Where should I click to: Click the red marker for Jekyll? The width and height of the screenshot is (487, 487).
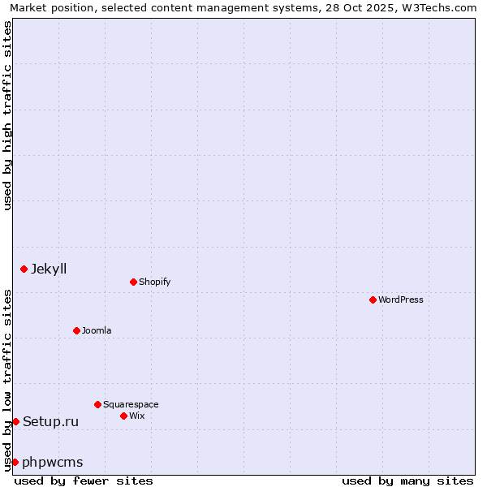[24, 269]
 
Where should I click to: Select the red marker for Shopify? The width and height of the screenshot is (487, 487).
[133, 282]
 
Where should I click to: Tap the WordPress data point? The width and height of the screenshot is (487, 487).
[373, 300]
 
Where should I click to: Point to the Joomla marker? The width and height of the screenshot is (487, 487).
[76, 330]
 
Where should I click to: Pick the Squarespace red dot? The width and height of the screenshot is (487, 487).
[97, 404]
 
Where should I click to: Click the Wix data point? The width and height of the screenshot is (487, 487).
[123, 416]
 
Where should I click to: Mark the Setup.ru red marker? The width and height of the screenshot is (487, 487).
[15, 421]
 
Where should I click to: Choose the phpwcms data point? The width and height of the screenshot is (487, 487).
[15, 462]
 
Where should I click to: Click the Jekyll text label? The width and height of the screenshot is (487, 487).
[49, 269]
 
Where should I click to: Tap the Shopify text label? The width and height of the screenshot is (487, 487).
[154, 282]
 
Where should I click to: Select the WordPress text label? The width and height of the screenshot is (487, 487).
[400, 300]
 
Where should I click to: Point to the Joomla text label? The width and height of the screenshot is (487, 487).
[97, 330]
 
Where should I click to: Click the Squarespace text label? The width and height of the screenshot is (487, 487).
[131, 404]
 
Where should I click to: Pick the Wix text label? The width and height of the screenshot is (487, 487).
[136, 416]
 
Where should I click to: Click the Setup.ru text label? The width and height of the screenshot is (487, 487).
[50, 421]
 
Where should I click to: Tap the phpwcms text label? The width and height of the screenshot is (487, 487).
[53, 462]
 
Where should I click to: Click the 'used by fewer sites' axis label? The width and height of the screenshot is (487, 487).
[84, 481]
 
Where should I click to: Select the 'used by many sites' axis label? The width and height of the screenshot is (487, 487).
[407, 481]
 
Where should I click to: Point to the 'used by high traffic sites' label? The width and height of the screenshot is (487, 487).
[7, 115]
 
